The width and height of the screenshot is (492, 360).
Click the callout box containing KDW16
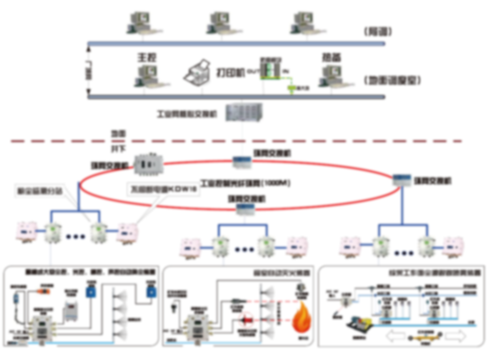click(x=163, y=188)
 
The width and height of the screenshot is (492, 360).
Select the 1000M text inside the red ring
click(x=275, y=183)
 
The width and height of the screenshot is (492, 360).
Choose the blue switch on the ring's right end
click(x=402, y=180)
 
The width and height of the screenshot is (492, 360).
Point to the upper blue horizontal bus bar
click(x=236, y=43)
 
